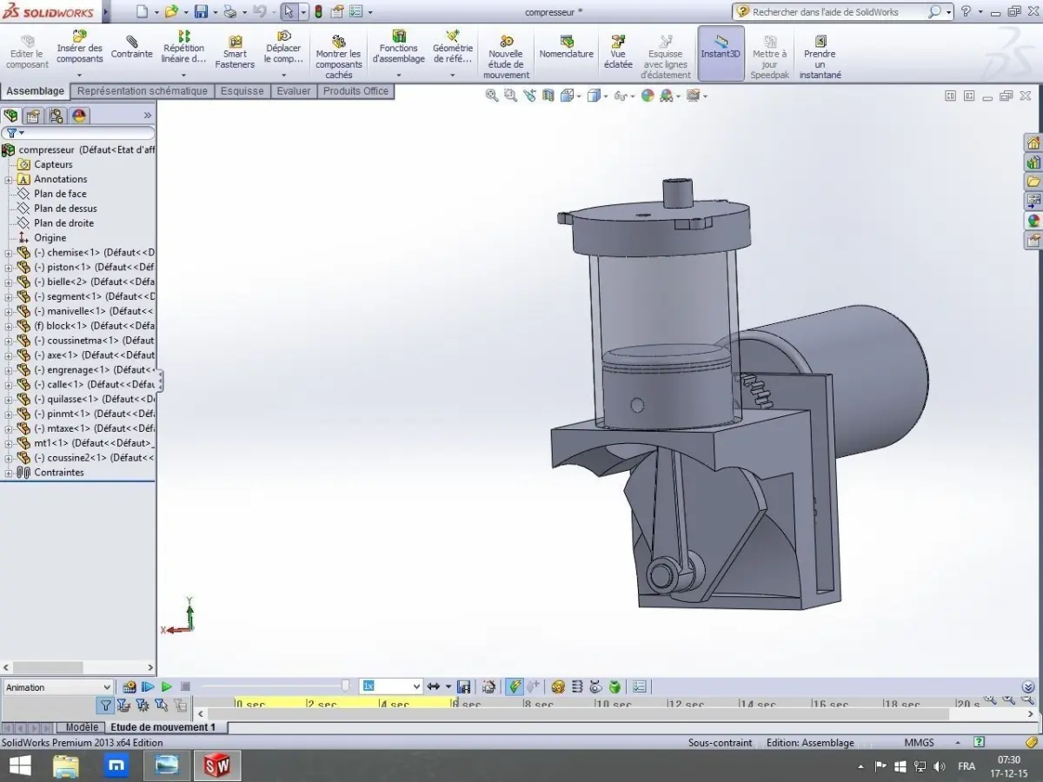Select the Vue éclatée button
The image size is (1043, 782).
[x=618, y=52]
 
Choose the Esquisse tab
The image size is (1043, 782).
[x=242, y=91]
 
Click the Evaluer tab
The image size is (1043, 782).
[x=294, y=91]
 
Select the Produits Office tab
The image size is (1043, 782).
[x=355, y=91]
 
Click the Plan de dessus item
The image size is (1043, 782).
[x=65, y=209]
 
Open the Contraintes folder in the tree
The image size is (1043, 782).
[x=58, y=473]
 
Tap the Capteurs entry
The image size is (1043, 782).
[x=53, y=164]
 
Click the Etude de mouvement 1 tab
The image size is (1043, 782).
[x=163, y=727]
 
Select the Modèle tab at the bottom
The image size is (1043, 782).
[x=82, y=727]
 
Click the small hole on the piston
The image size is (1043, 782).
[x=637, y=404]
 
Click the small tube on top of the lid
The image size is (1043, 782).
[x=675, y=192]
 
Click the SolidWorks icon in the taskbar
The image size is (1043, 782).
[x=216, y=765]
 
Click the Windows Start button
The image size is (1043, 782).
[x=19, y=765]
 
